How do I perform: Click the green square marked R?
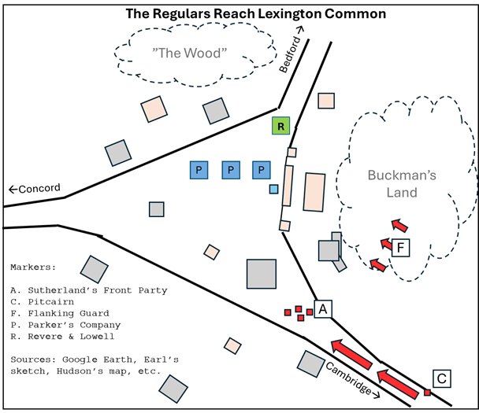pyautogui.click(x=280, y=125)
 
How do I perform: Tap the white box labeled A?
pyautogui.click(x=322, y=309)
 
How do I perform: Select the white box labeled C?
pyautogui.click(x=442, y=379)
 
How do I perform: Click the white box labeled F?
pyautogui.click(x=400, y=249)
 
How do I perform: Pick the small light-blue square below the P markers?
pyautogui.click(x=273, y=189)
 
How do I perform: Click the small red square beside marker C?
pyautogui.click(x=427, y=392)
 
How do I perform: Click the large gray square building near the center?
pyautogui.click(x=261, y=273)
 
